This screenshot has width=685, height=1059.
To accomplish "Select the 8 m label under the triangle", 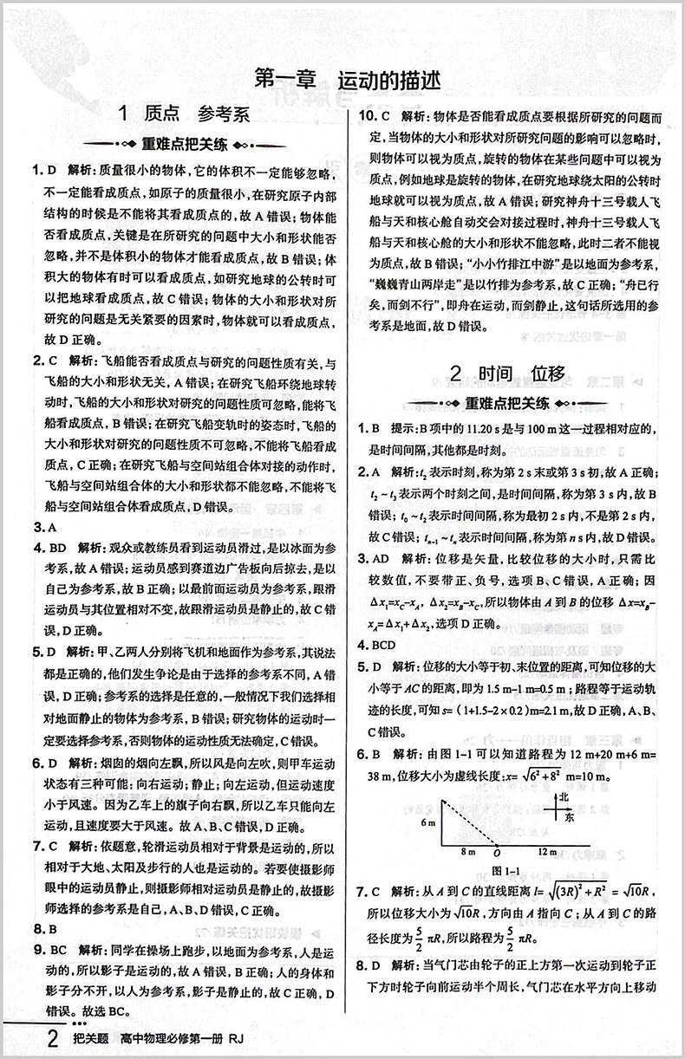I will pyautogui.click(x=470, y=853).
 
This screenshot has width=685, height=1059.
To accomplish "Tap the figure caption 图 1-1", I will pyautogui.click(x=505, y=870).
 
